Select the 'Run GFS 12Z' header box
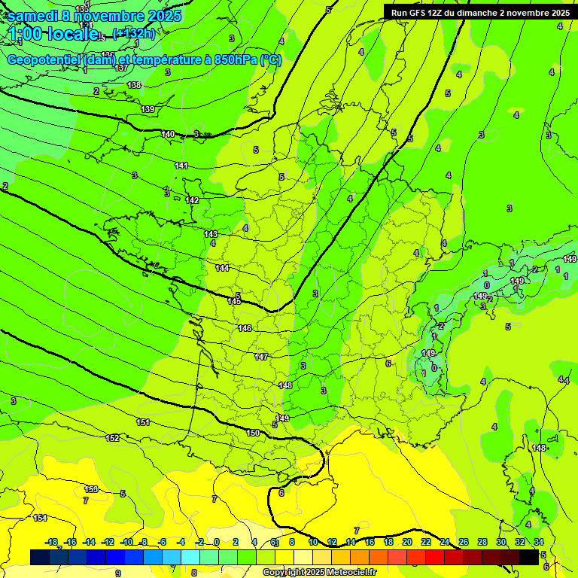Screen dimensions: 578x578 pyautogui.click(x=479, y=12)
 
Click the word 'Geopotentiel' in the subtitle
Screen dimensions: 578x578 pyautogui.click(x=46, y=60)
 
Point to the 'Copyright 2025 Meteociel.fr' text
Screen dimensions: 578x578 pyautogui.click(x=318, y=573)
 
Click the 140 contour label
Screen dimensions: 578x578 pyautogui.click(x=168, y=134)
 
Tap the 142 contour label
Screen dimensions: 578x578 pyautogui.click(x=192, y=200)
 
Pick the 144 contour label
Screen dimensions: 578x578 pyautogui.click(x=222, y=268)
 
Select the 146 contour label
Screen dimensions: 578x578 pyautogui.click(x=245, y=328)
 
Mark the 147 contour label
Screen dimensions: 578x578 pyautogui.click(x=261, y=357)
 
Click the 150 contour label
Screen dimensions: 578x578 pyautogui.click(x=254, y=433)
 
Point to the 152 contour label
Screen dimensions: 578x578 pyautogui.click(x=113, y=438)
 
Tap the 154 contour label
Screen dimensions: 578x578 pyautogui.click(x=40, y=518)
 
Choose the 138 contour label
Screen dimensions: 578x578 pyautogui.click(x=134, y=85)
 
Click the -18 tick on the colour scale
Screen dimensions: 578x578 pyautogui.click(x=52, y=542)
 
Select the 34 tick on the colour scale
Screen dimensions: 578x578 pyautogui.click(x=539, y=542)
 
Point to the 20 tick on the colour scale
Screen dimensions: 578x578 pyautogui.click(x=406, y=542)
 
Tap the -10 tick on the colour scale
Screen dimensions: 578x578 pyautogui.click(x=127, y=542)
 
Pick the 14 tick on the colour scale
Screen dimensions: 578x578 pyautogui.click(x=350, y=542)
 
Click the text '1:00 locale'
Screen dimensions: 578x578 pyautogui.click(x=53, y=34)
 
